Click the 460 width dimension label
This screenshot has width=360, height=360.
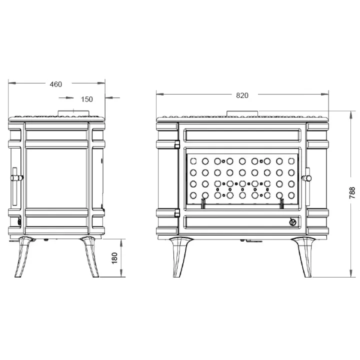(56, 84)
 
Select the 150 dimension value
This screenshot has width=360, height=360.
(86, 99)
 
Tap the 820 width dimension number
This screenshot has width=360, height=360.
(242, 95)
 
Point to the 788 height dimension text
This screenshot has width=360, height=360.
(351, 193)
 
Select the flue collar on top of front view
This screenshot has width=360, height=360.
(242, 113)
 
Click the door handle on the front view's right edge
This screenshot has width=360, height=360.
(307, 177)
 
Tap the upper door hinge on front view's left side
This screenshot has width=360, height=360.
(177, 144)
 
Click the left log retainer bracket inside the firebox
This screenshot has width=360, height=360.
(203, 202)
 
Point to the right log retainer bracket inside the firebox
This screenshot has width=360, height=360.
(282, 202)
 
